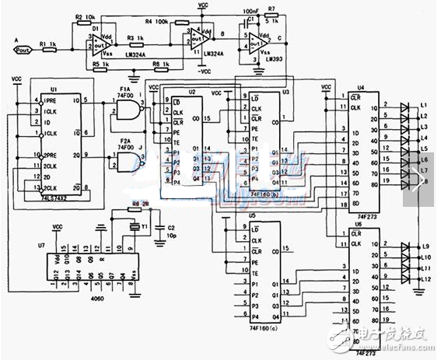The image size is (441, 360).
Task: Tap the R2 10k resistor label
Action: (84, 16)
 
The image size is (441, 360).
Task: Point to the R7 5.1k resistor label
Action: (271, 16)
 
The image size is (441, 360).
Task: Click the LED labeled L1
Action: (405, 109)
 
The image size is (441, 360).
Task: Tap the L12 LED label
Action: (425, 278)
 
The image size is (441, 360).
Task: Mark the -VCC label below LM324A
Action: (203, 71)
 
